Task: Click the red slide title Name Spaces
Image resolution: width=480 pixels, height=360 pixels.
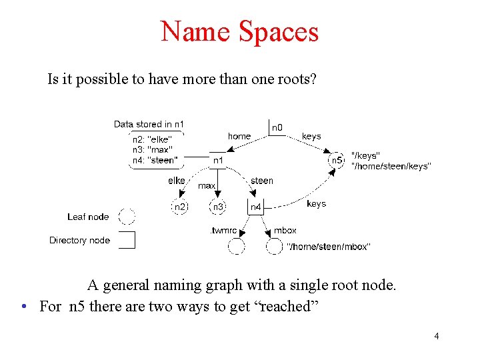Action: click(x=239, y=31)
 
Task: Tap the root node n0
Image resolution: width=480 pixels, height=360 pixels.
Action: click(x=277, y=127)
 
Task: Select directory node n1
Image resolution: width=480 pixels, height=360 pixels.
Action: click(x=218, y=160)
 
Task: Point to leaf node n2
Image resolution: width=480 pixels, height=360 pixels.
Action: click(x=180, y=207)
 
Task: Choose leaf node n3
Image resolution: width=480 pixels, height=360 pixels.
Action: click(x=218, y=207)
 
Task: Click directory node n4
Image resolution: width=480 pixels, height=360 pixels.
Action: click(x=256, y=207)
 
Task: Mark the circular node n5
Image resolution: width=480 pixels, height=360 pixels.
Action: click(x=337, y=160)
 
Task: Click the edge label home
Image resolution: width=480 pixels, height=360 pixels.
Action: click(x=239, y=136)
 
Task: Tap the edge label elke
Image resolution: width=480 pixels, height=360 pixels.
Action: click(x=177, y=181)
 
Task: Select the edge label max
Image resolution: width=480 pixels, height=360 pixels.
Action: click(x=207, y=185)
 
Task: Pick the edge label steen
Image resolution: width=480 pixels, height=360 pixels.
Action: click(x=262, y=181)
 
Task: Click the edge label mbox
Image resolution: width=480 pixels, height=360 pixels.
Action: click(x=285, y=231)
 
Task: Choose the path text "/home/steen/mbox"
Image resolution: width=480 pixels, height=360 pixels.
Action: click(x=328, y=247)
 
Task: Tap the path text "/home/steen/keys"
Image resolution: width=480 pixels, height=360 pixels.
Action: click(x=391, y=166)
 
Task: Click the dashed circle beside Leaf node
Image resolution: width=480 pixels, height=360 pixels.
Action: click(x=127, y=217)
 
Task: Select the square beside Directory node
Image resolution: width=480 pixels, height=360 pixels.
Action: click(x=127, y=239)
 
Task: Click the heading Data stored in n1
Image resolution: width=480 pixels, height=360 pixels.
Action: click(x=149, y=124)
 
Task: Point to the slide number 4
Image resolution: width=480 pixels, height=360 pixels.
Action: click(x=436, y=336)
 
